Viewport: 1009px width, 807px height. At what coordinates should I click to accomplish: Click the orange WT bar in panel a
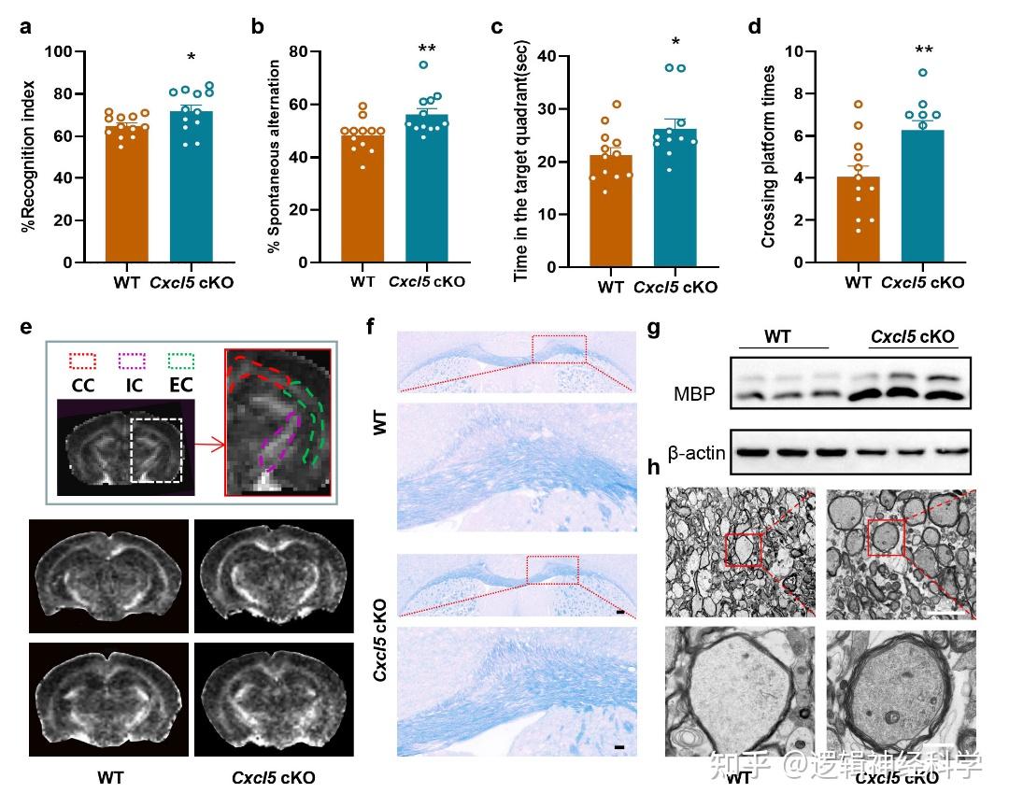click(127, 196)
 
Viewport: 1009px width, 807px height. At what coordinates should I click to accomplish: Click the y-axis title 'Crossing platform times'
click(769, 157)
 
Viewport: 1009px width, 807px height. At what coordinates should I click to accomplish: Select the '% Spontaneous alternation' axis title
click(274, 157)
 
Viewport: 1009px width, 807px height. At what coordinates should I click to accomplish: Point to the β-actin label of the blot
click(695, 453)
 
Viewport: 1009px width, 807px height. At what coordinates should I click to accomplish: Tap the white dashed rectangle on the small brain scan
click(161, 450)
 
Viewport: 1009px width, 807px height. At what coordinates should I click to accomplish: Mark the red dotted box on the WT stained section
click(558, 348)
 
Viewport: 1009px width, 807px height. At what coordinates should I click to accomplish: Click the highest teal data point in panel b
click(423, 65)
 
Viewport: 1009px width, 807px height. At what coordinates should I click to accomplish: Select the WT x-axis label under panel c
click(610, 287)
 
